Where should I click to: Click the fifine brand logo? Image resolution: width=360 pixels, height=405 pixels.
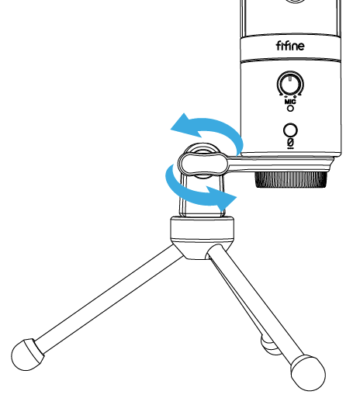(x=290, y=46)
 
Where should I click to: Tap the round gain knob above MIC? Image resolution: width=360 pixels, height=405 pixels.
(x=290, y=84)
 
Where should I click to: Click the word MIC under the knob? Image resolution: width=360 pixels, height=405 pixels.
(x=290, y=102)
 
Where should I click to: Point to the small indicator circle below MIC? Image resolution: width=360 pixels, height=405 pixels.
(x=290, y=108)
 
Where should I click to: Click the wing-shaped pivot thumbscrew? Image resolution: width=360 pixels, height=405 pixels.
(x=202, y=163)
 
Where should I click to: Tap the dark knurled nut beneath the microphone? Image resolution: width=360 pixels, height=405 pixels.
(x=290, y=179)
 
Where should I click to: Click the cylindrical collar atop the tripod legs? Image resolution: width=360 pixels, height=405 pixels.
(x=202, y=229)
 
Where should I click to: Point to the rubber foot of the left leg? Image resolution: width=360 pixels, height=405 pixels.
(x=27, y=355)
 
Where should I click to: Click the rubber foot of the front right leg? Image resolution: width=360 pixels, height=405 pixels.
(x=308, y=372)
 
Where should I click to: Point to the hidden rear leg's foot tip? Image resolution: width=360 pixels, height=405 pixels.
(x=269, y=345)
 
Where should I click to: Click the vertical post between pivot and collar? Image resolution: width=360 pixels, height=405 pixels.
(x=202, y=196)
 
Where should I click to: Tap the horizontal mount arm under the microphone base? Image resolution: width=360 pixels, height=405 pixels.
(x=279, y=164)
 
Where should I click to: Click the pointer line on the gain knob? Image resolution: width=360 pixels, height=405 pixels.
(x=290, y=78)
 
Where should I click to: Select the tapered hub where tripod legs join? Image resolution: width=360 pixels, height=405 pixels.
(x=202, y=250)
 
